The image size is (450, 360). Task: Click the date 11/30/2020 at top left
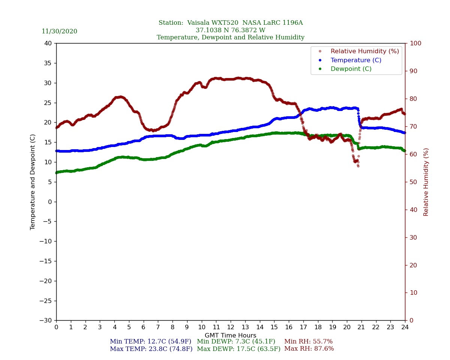pyautogui.click(x=59, y=31)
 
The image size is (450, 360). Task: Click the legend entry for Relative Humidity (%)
pyautogui.click(x=364, y=51)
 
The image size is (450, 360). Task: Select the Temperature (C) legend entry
pyautogui.click(x=356, y=60)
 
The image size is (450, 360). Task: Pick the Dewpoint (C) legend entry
pyautogui.click(x=351, y=69)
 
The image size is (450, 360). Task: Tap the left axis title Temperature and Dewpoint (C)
pyautogui.click(x=33, y=182)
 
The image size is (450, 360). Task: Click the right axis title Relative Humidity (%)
pyautogui.click(x=426, y=182)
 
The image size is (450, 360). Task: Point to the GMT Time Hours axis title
pyautogui.click(x=231, y=336)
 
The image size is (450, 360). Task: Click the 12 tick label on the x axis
pyautogui.click(x=231, y=327)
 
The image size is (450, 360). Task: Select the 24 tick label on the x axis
pyautogui.click(x=405, y=327)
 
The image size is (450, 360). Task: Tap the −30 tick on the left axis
pyautogui.click(x=47, y=321)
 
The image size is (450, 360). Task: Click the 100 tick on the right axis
pyautogui.click(x=415, y=43)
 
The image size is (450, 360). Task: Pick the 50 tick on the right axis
pyautogui.click(x=414, y=182)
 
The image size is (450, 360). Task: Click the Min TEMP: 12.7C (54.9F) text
pyautogui.click(x=150, y=342)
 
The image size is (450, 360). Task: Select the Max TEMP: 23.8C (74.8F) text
pyautogui.click(x=151, y=349)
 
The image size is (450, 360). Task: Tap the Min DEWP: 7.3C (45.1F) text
pyautogui.click(x=236, y=342)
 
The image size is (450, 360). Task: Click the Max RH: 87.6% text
pyautogui.click(x=309, y=349)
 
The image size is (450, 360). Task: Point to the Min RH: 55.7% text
pyautogui.click(x=308, y=342)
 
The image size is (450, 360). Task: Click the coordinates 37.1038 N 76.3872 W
pyautogui.click(x=231, y=30)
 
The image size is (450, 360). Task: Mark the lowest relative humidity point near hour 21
pyautogui.click(x=358, y=166)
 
